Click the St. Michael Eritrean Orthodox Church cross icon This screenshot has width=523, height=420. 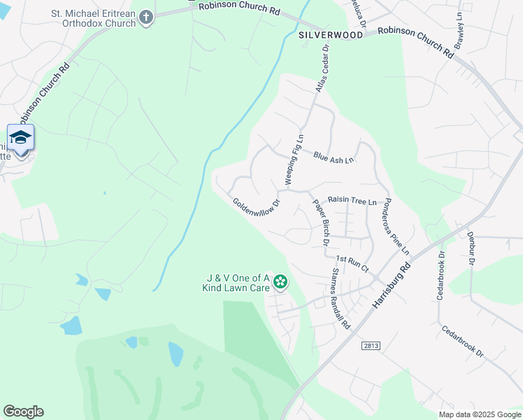[146, 17]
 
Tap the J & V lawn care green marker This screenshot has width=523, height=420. [280, 282]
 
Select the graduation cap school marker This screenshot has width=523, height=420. [20, 137]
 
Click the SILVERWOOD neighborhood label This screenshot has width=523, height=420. [331, 34]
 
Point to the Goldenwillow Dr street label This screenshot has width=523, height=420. [256, 204]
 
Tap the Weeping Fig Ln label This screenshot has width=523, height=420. [294, 160]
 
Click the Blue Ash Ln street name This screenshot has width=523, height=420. [334, 157]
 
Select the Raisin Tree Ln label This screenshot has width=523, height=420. [352, 201]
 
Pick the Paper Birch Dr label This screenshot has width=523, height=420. [320, 221]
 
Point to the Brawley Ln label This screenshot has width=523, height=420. [459, 30]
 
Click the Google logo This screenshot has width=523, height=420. [23, 412]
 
